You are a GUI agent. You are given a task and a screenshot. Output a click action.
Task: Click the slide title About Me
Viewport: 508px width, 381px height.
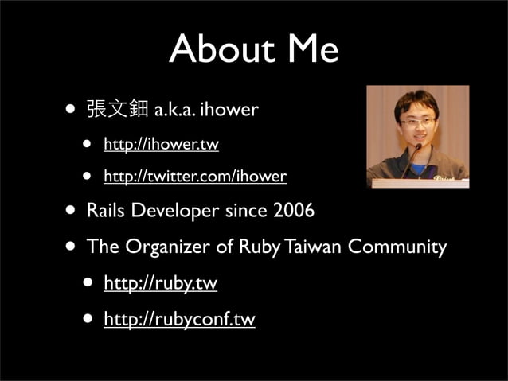point(253,49)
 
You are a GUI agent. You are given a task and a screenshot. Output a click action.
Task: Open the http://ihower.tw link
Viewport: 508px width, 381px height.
point(161,145)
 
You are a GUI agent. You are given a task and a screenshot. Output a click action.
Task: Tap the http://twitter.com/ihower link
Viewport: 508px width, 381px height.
point(195,176)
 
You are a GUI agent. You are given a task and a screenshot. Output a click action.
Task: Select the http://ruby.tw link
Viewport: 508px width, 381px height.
point(160,282)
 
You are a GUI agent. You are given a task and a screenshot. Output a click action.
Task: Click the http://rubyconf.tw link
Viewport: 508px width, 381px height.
point(179,319)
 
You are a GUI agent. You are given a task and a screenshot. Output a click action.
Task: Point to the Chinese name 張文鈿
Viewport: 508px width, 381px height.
point(116,109)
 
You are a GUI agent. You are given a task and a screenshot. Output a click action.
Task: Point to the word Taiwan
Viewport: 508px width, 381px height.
point(313,247)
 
